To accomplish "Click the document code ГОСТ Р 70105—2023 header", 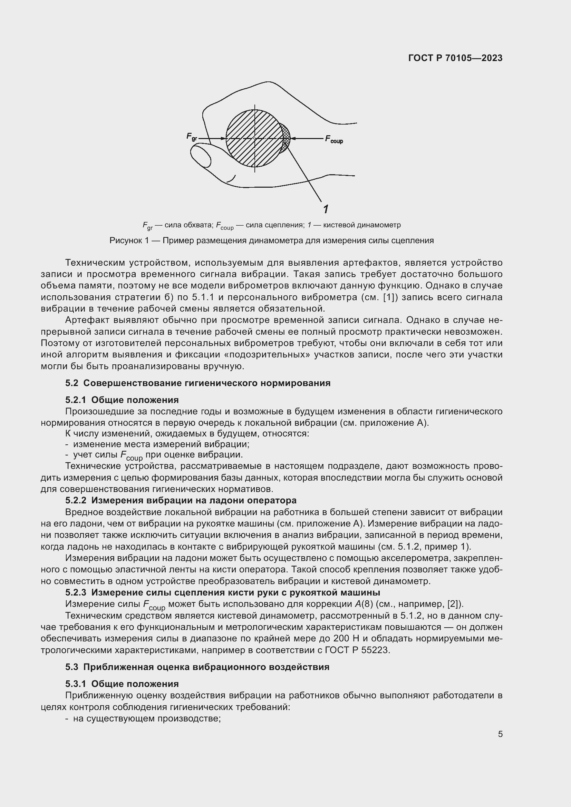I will pos(455,58).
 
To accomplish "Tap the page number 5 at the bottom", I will pos(500,734).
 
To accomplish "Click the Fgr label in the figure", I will pos(192,137).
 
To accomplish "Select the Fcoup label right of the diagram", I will pos(334,139).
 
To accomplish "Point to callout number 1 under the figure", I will pos(326,209).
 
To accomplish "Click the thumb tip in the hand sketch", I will pos(201,156).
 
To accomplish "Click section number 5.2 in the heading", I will pos(72,383).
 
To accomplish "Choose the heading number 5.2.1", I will pos(76,400).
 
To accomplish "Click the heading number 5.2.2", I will pos(76,500).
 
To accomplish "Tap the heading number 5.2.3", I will pos(76,593).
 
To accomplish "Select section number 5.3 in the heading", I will pos(72,667).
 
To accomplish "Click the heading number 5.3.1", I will pos(76,683).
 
